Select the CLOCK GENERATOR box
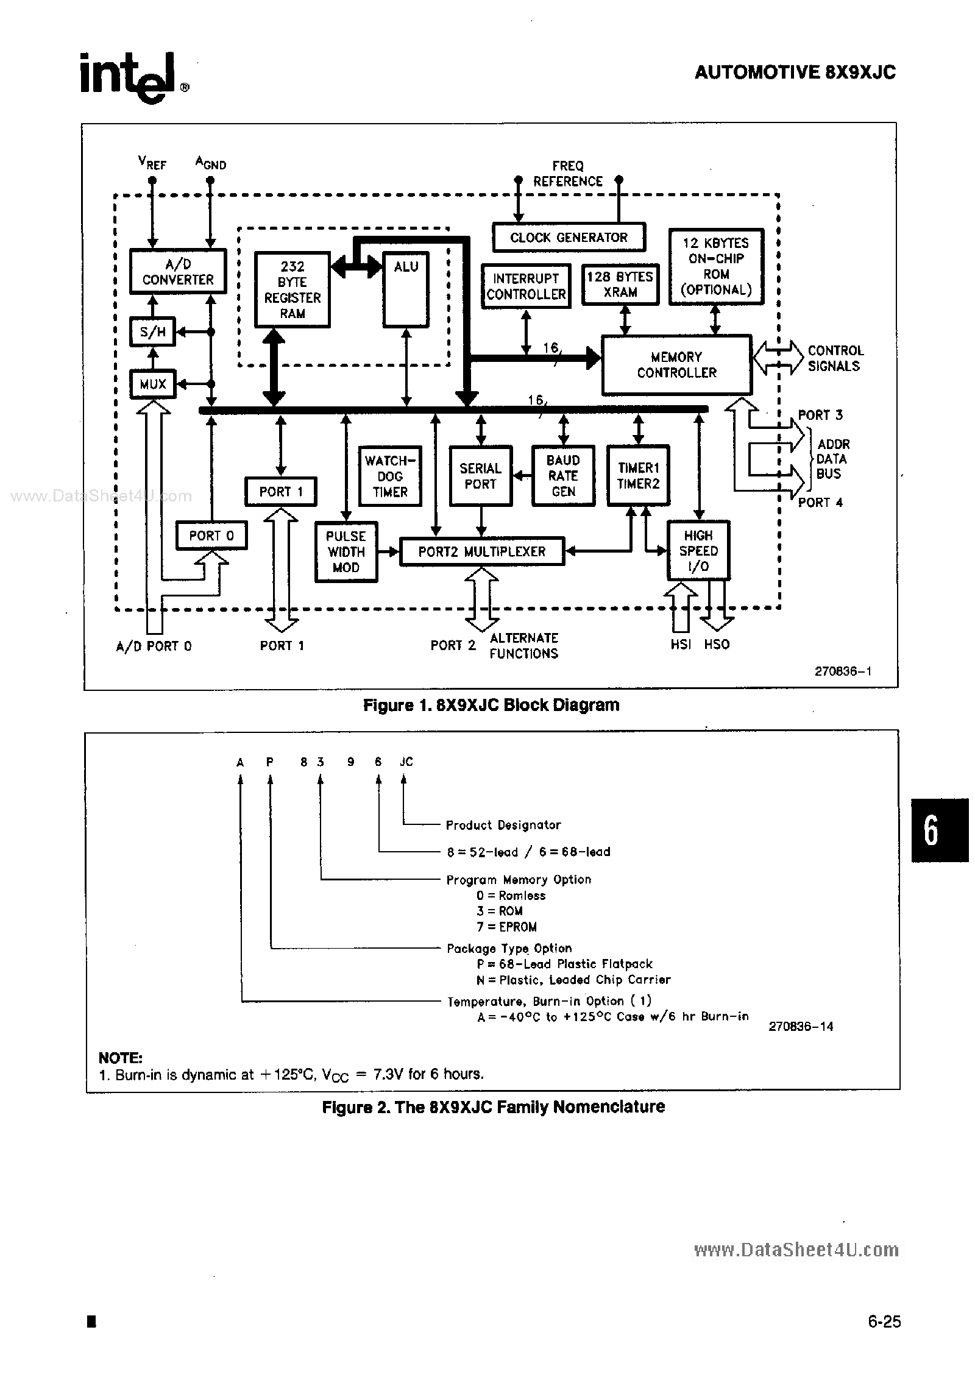(568, 238)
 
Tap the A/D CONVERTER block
(177, 272)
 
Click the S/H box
(153, 332)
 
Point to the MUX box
(153, 384)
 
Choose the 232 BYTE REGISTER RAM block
(292, 290)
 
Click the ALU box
(406, 290)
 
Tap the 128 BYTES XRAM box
(620, 285)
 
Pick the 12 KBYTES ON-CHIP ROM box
(715, 267)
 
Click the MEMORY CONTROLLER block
(676, 364)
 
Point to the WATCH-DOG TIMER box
(390, 476)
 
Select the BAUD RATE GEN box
(562, 476)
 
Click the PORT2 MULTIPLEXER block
(481, 551)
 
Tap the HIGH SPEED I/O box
(698, 550)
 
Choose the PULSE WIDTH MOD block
(346, 551)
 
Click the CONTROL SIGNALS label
(835, 358)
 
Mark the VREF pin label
(152, 163)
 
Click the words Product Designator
(503, 825)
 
